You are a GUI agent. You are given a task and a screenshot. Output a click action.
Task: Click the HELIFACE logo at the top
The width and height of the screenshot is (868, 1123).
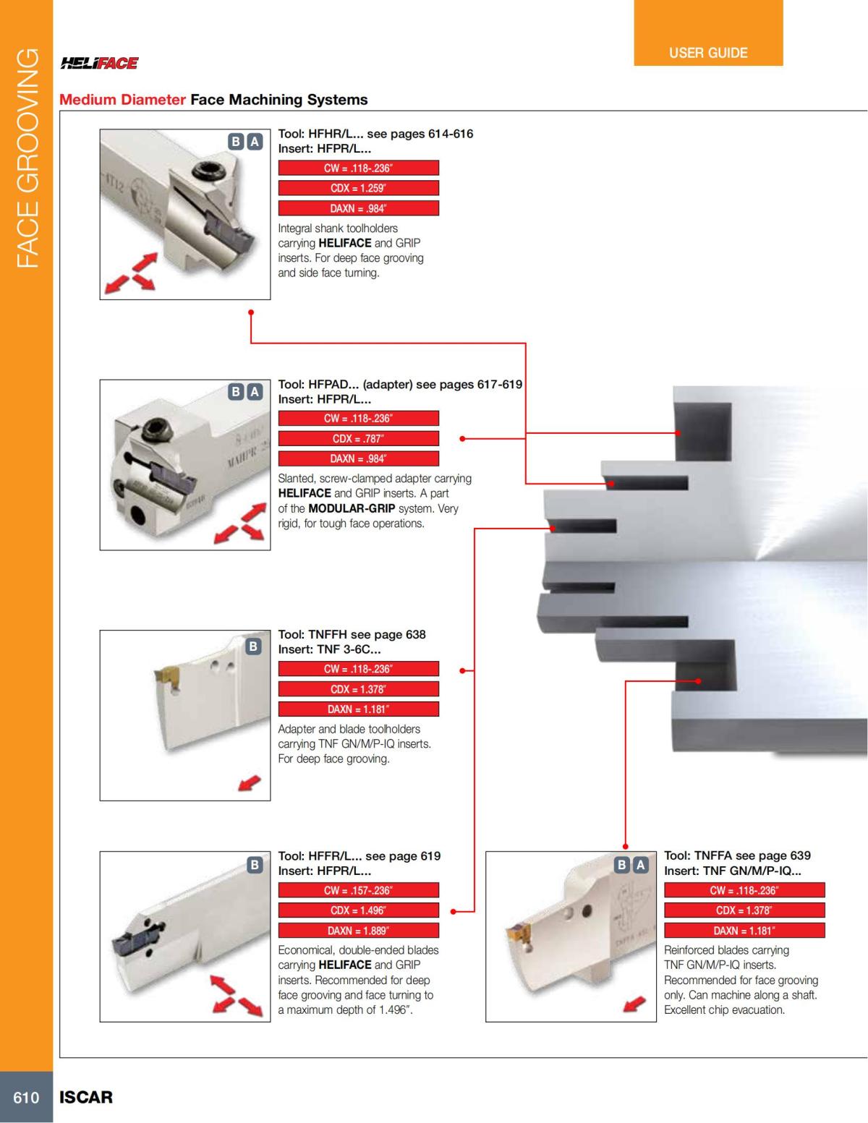(99, 64)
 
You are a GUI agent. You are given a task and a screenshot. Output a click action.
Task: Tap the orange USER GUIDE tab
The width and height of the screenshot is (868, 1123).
(708, 53)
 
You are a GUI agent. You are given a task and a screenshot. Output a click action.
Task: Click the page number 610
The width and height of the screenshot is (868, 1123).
(26, 1097)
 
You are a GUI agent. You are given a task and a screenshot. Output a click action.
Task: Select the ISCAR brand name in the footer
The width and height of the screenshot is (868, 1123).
(86, 1097)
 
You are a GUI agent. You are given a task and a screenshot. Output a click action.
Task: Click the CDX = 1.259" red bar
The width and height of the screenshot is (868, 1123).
(358, 188)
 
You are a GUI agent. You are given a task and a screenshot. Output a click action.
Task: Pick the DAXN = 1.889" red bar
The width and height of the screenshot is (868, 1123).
(358, 931)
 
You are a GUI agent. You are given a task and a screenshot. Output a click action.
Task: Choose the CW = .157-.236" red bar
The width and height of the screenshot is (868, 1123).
(358, 890)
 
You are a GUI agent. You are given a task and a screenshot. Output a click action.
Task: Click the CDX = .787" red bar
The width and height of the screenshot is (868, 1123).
(358, 438)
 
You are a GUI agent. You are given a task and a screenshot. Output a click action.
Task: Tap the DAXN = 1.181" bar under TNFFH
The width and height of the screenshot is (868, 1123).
(358, 709)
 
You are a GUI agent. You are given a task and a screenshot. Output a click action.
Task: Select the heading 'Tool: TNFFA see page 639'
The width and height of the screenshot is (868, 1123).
(737, 855)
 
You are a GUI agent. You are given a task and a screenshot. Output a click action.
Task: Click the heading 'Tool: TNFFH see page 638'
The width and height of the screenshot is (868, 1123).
(352, 634)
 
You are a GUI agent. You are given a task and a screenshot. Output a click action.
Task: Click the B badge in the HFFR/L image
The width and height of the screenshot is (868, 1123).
(254, 864)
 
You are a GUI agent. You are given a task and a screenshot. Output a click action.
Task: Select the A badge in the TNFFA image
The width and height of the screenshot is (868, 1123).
(640, 864)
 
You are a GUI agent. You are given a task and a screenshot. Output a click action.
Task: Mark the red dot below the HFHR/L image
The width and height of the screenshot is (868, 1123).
(250, 312)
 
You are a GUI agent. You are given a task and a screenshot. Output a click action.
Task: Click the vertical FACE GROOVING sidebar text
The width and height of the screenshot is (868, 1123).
(27, 158)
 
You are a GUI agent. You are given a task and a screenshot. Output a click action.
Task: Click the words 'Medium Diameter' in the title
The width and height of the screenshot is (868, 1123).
(122, 100)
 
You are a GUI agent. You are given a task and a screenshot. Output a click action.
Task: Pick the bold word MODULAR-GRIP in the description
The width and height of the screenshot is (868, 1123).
(352, 508)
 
